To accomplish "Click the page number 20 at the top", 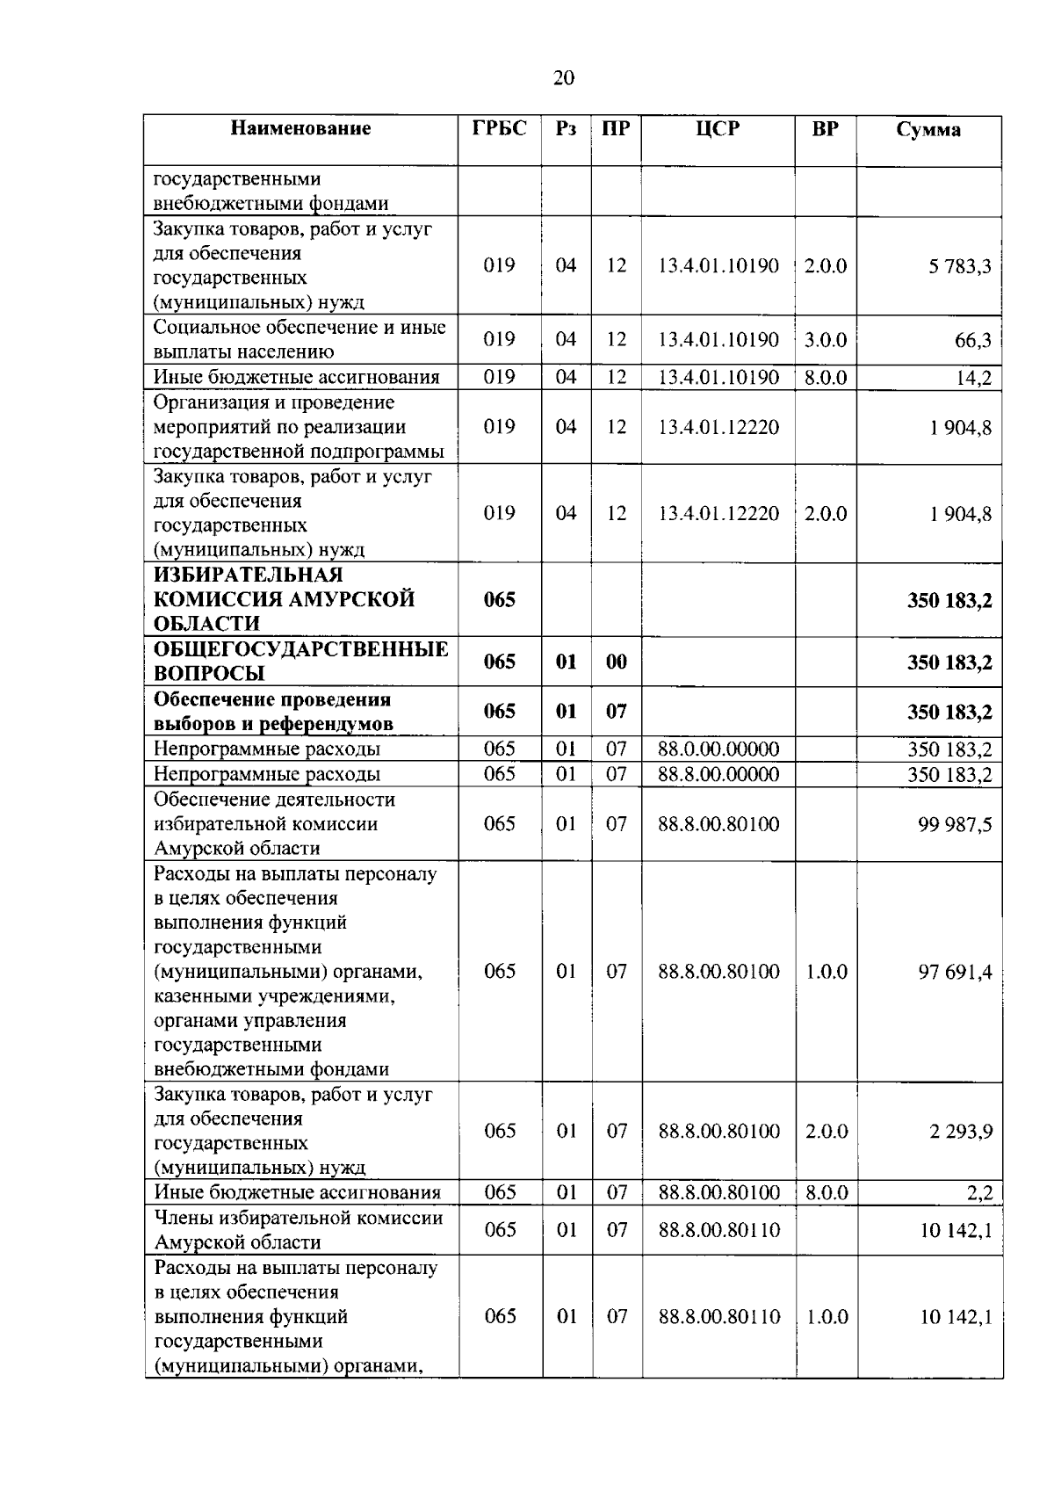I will click(563, 78).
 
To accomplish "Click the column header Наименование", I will click(300, 128).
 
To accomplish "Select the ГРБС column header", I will click(499, 128).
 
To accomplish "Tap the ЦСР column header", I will click(718, 128).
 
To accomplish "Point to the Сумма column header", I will click(928, 130).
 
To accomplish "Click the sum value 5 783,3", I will click(960, 266).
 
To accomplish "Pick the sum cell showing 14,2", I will click(974, 378).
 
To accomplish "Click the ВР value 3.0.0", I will click(825, 340).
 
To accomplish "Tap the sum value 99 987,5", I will click(955, 825).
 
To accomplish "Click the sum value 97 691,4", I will click(955, 972).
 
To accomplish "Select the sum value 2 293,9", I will click(961, 1132).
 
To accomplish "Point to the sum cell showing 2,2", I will click(979, 1193).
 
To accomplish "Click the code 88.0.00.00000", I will click(718, 749).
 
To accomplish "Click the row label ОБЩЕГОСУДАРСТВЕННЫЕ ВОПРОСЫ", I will click(300, 662).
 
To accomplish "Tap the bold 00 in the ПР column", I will click(616, 662).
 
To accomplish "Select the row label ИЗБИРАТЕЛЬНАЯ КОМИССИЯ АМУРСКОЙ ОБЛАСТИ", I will click(284, 599).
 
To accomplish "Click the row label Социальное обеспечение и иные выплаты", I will click(300, 339).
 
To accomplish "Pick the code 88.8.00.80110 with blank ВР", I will click(718, 1230).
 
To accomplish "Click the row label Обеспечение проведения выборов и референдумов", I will click(273, 712).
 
